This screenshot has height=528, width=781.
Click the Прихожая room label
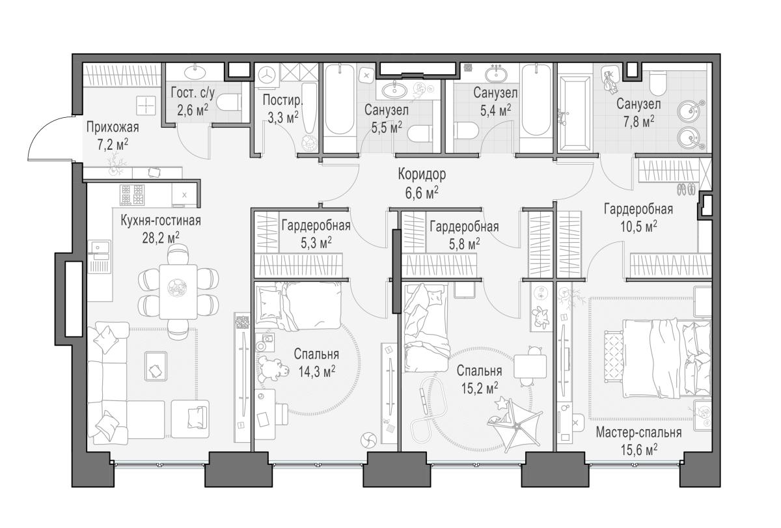(x=113, y=128)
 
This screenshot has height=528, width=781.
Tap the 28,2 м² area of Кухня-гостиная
(x=161, y=238)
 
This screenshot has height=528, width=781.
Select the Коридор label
(x=422, y=174)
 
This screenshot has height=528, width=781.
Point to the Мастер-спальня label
(x=638, y=432)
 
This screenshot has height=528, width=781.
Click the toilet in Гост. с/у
(x=228, y=103)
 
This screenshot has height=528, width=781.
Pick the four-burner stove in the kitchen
(x=132, y=195)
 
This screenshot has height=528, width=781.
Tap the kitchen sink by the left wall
(x=99, y=257)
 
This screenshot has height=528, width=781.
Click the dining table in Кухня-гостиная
(x=178, y=292)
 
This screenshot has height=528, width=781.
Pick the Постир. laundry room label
(x=282, y=100)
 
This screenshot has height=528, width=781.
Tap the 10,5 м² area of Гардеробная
(x=638, y=227)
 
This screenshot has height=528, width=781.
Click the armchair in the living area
(x=190, y=419)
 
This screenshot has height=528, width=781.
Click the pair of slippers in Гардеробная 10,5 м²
(x=686, y=189)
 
